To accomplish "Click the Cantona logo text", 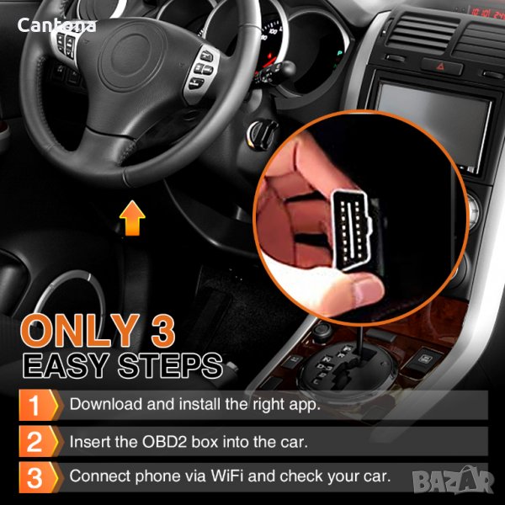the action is pyautogui.click(x=56, y=25).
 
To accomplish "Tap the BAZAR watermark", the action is pyautogui.click(x=453, y=481).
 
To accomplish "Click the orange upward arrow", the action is pyautogui.click(x=132, y=218).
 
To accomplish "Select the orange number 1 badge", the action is pyautogui.click(x=39, y=405).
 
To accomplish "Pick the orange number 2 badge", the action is pyautogui.click(x=39, y=441).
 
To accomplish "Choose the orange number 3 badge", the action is pyautogui.click(x=39, y=477).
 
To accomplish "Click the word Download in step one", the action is pyautogui.click(x=106, y=404).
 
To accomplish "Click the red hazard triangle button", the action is pyautogui.click(x=441, y=66).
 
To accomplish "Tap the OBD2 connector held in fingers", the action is pyautogui.click(x=353, y=230).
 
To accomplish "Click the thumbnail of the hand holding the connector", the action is pyautogui.click(x=360, y=218).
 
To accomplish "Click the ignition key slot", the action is pyautogui.click(x=262, y=135).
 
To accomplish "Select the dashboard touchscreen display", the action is pyautogui.click(x=433, y=124).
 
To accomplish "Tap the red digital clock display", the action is pyautogui.click(x=487, y=13).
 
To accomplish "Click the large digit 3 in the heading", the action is pyautogui.click(x=163, y=331).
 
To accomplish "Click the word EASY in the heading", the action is pyautogui.click(x=66, y=365).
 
